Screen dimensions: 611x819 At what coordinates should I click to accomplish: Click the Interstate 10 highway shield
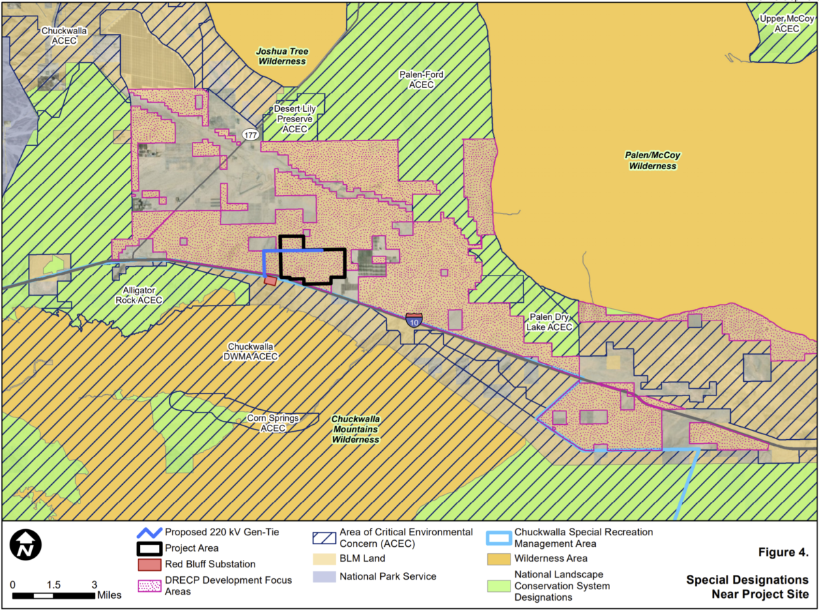click(413, 319)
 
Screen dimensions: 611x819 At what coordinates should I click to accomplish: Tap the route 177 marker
click(250, 135)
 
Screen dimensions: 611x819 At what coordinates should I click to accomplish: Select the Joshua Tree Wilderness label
click(281, 56)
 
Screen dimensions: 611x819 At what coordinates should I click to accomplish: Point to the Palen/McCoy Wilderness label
click(653, 160)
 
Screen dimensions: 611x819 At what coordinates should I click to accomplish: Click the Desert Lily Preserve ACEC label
click(296, 119)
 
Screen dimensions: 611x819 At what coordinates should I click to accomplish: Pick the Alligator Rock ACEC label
click(139, 295)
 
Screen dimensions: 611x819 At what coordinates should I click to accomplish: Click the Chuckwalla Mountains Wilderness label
click(356, 430)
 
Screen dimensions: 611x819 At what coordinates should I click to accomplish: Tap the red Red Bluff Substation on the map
click(270, 280)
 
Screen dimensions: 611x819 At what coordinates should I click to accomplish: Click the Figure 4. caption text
click(784, 552)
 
